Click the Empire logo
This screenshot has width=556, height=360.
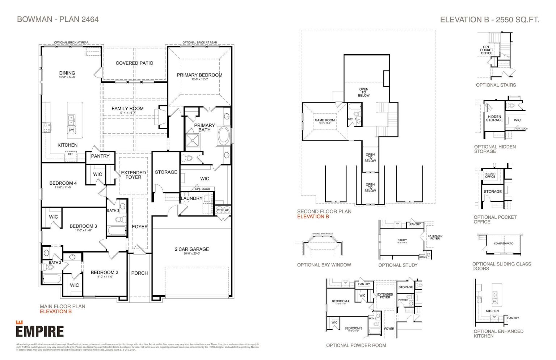(39, 330)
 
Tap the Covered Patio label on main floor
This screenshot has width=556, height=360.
(134, 63)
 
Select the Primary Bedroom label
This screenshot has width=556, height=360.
(199, 75)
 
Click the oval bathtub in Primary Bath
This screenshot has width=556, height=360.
(224, 135)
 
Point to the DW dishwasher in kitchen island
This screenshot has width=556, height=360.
(71, 130)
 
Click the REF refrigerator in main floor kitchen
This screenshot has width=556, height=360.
(71, 154)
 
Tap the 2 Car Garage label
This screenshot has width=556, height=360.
(191, 249)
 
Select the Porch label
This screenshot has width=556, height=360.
(139, 273)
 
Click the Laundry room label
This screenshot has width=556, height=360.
(191, 198)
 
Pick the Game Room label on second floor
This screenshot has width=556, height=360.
(324, 120)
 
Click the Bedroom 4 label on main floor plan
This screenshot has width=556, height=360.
(63, 183)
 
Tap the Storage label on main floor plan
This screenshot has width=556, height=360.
(166, 172)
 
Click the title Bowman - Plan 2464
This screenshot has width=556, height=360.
(58, 20)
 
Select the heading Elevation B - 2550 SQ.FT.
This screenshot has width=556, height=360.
(489, 20)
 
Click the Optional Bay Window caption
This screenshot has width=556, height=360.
(324, 265)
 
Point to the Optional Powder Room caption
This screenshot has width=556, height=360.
(356, 346)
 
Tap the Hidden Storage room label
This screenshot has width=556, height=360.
(494, 118)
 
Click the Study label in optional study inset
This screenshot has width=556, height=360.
(402, 240)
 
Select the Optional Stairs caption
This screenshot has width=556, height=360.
(496, 85)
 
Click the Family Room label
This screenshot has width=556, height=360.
(127, 108)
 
